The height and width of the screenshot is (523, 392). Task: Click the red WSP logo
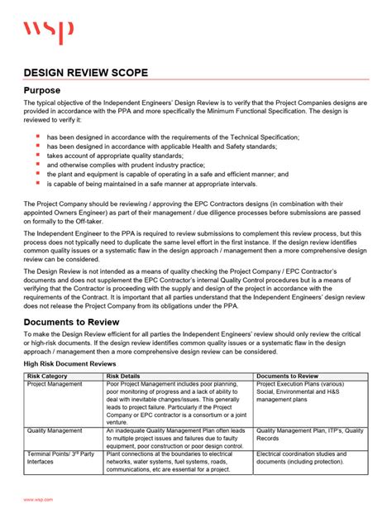pyautogui.click(x=48, y=32)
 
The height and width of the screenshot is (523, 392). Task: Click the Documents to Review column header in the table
pyautogui.click(x=287, y=376)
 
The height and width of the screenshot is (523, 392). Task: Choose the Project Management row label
pyautogui.click(x=55, y=384)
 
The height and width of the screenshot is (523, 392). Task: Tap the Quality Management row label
pyautogui.click(x=55, y=430)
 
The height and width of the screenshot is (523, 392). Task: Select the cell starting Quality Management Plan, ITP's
pyautogui.click(x=309, y=434)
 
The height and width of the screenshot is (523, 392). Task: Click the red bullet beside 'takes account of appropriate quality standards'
pyautogui.click(x=37, y=155)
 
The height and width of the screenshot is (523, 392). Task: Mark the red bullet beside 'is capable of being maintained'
pyautogui.click(x=37, y=184)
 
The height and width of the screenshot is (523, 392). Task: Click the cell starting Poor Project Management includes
pyautogui.click(x=177, y=403)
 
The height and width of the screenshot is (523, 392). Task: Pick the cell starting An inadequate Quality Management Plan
pyautogui.click(x=177, y=439)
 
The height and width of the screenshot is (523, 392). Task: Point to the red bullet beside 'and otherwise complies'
pyautogui.click(x=37, y=165)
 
